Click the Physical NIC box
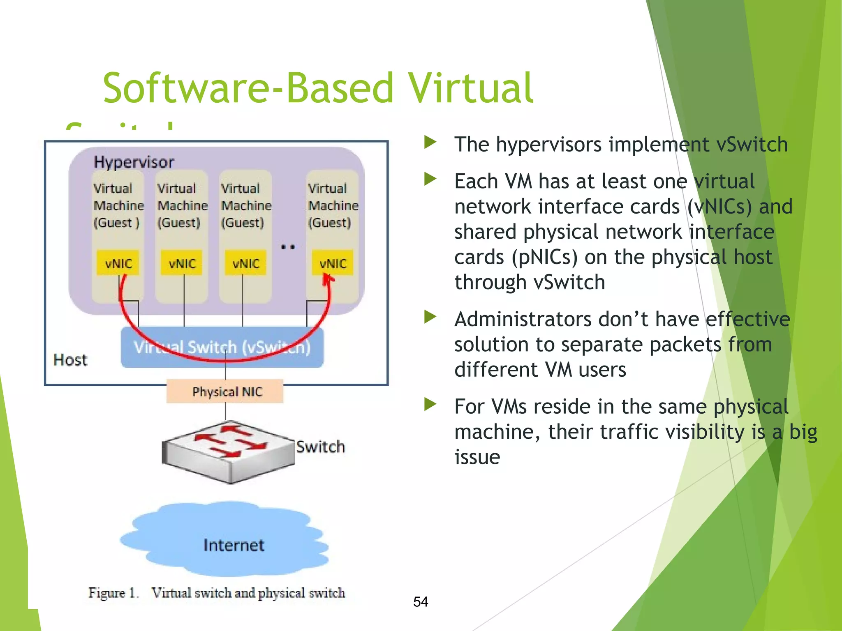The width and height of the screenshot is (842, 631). tap(225, 391)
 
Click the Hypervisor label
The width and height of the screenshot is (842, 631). tap(134, 162)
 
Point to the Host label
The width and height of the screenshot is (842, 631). tap(70, 360)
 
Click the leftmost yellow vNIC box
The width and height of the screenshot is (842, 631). tap(118, 263)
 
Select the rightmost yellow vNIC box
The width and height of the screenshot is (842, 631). tap(333, 263)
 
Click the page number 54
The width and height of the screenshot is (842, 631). tap(421, 602)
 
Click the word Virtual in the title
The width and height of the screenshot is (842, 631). tap(471, 88)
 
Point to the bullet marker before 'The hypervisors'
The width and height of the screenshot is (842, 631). tap(430, 143)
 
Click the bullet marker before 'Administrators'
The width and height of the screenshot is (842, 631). tap(430, 317)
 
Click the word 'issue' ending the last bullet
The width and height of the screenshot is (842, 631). tap(477, 457)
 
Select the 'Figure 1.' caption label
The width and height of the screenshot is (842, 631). tap(113, 593)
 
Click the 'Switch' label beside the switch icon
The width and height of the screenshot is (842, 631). tap(321, 447)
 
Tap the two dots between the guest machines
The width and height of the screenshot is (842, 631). tap(288, 247)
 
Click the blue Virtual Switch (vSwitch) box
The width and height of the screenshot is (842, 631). tap(222, 347)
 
